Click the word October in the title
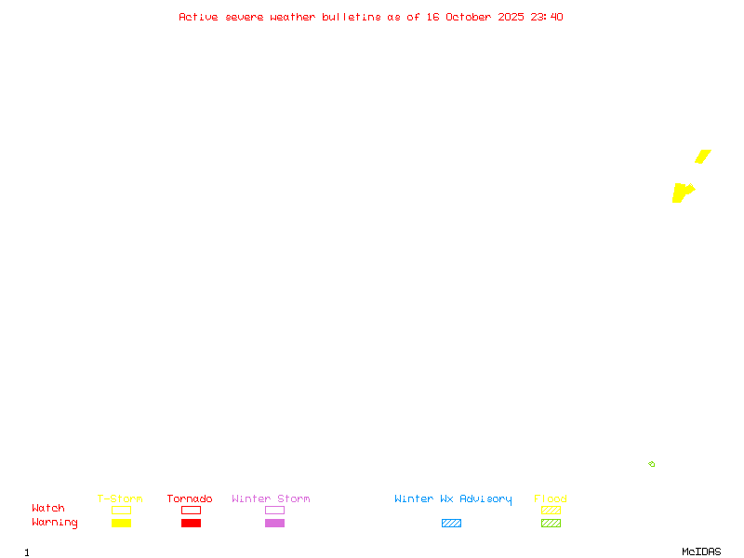coord(468,17)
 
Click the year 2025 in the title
coord(511,17)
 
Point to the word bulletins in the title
coord(352,17)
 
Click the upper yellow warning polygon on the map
coord(703,156)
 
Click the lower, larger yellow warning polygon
coord(683,193)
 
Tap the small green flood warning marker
coord(652,464)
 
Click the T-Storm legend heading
coord(120,498)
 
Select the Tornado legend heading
coord(190,498)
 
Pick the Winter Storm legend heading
coord(271,498)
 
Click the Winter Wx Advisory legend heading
coord(453,499)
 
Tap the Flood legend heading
coord(551,498)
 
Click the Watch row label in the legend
coord(48,508)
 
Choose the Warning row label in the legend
coord(55,523)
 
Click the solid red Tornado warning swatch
coord(192,523)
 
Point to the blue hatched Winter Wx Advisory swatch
coord(451,523)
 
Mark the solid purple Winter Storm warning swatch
coord(274,523)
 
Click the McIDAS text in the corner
coord(701,551)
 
